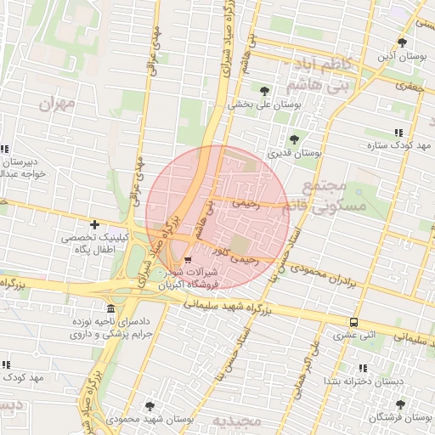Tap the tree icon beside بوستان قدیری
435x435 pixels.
(x=295, y=139)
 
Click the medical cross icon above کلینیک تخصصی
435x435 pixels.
(x=94, y=225)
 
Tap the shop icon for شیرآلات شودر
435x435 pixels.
(x=188, y=259)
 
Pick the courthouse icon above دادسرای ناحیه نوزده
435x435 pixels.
(x=110, y=308)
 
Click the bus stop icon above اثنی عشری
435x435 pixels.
(x=353, y=322)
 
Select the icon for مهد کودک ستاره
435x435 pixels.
(x=399, y=132)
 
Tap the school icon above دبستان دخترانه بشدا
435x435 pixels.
(x=364, y=368)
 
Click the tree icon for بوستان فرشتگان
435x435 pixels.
(x=400, y=404)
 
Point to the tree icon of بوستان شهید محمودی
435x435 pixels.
(x=150, y=406)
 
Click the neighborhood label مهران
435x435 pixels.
(x=58, y=104)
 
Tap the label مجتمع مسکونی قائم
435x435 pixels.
(x=333, y=196)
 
